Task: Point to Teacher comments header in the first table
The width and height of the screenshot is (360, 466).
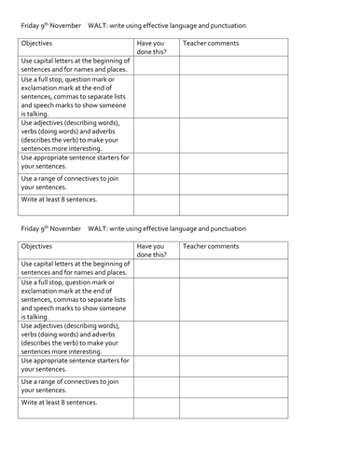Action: (x=212, y=43)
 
